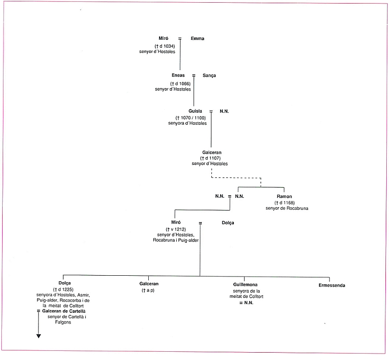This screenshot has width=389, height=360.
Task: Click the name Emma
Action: coord(198,38)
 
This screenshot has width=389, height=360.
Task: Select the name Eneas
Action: coord(178,75)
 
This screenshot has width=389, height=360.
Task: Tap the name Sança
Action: coord(209,76)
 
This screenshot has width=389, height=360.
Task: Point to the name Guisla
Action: coord(195,111)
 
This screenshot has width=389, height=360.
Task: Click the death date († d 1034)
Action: coord(165,46)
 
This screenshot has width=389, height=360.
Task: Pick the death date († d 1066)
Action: coord(180,84)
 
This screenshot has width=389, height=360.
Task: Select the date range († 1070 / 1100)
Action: coord(190,118)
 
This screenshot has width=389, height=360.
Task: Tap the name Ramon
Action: coord(284,196)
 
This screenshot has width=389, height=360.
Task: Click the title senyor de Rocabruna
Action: coord(287,208)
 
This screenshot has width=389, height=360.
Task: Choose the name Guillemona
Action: coord(245,284)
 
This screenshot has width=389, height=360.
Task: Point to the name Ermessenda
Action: coord(332,285)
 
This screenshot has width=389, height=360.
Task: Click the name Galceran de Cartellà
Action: coord(64,311)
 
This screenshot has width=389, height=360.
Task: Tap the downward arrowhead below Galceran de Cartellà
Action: coord(38,336)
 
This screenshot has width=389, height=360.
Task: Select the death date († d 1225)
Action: coord(63,289)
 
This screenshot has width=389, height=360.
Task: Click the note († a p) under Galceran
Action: coord(148,290)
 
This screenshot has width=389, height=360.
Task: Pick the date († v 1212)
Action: coord(176,229)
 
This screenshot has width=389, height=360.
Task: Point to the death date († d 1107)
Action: coord(211,158)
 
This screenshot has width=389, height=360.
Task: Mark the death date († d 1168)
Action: coord(285,202)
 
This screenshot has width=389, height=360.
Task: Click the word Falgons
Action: coord(63,322)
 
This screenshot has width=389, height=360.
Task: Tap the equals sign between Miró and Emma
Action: coord(180,38)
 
